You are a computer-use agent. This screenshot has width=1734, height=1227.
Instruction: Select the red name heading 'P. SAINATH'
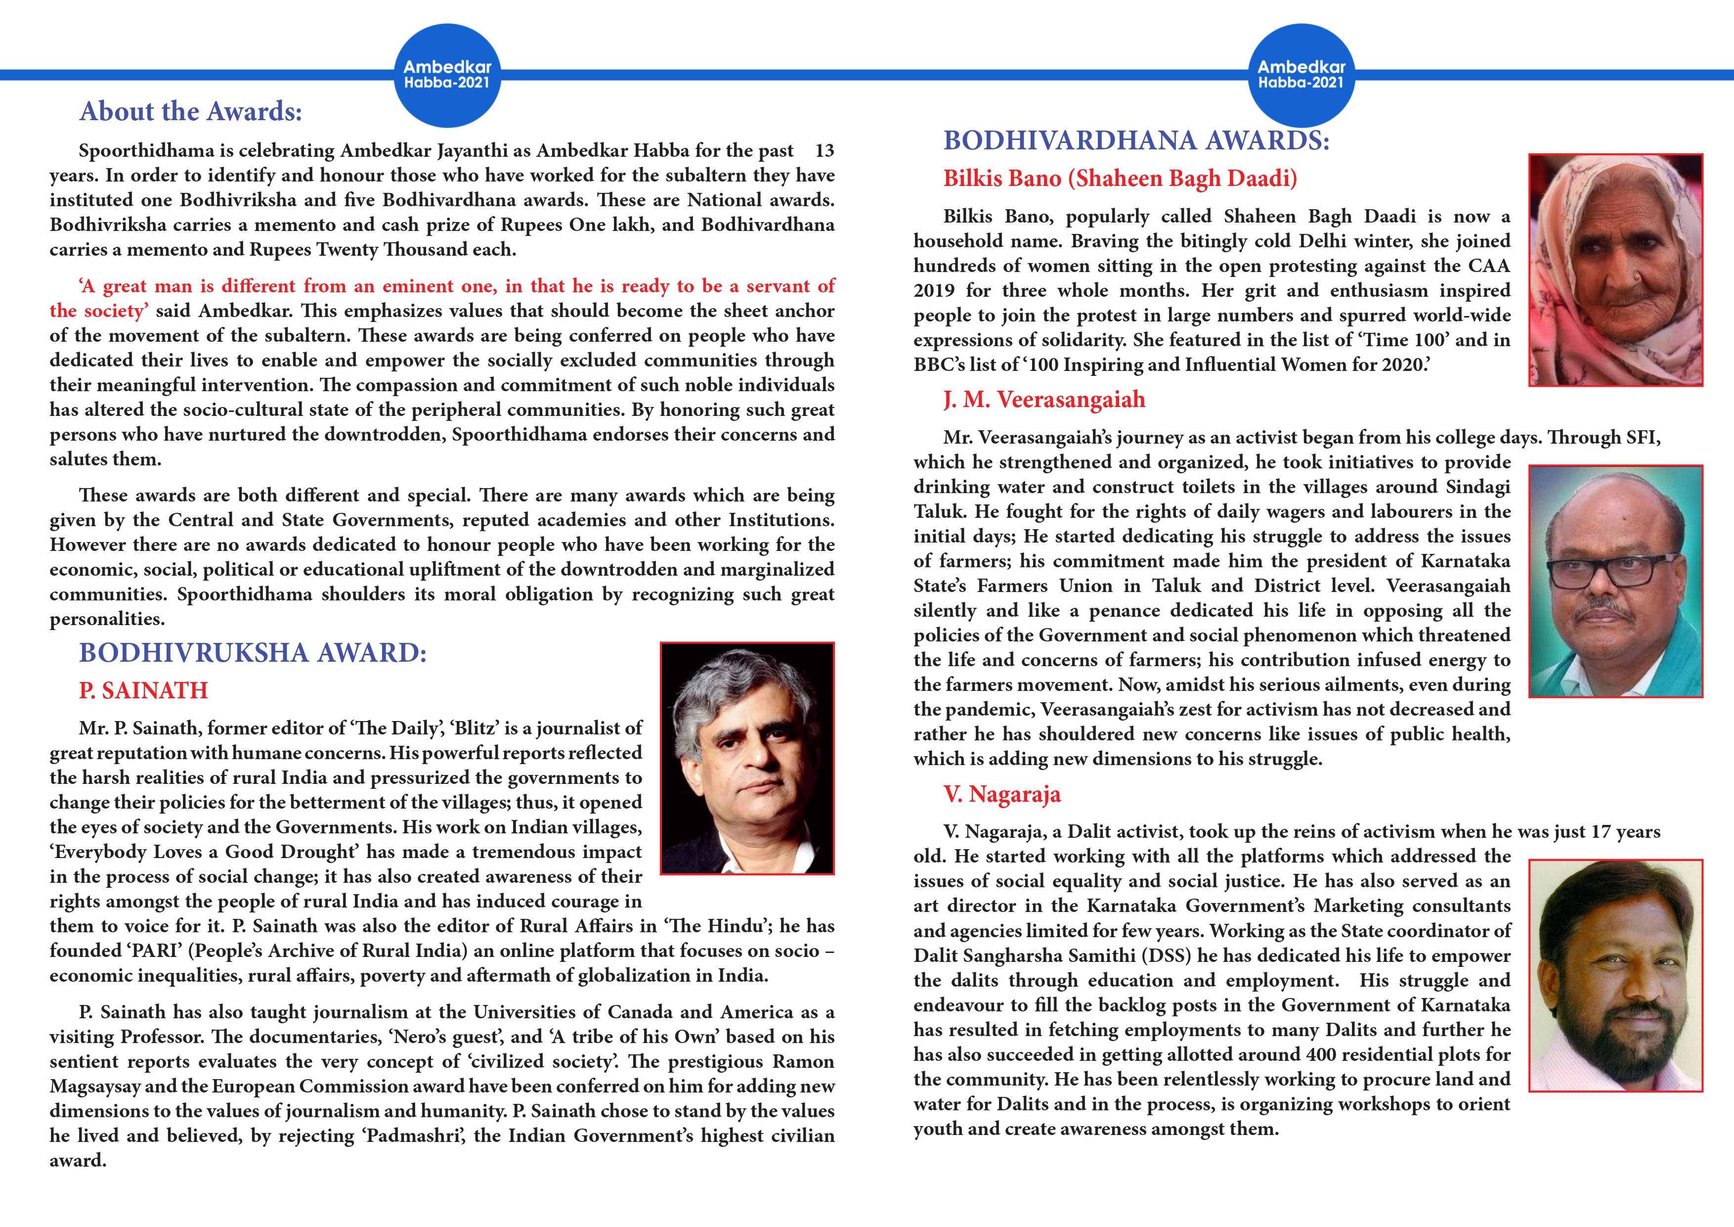143,690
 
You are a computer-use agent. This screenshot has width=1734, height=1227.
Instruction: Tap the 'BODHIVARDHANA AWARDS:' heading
1136,140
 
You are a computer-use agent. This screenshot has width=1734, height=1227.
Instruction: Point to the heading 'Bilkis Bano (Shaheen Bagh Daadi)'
1120,179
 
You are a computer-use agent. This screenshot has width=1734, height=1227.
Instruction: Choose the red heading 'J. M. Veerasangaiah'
1044,400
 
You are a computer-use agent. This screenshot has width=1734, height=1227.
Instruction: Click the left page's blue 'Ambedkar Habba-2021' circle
447,76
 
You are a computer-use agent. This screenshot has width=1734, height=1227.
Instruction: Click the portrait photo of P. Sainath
747,758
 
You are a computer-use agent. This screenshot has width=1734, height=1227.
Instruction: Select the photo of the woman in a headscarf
1615,270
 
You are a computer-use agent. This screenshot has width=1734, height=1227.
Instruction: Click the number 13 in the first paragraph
824,150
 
